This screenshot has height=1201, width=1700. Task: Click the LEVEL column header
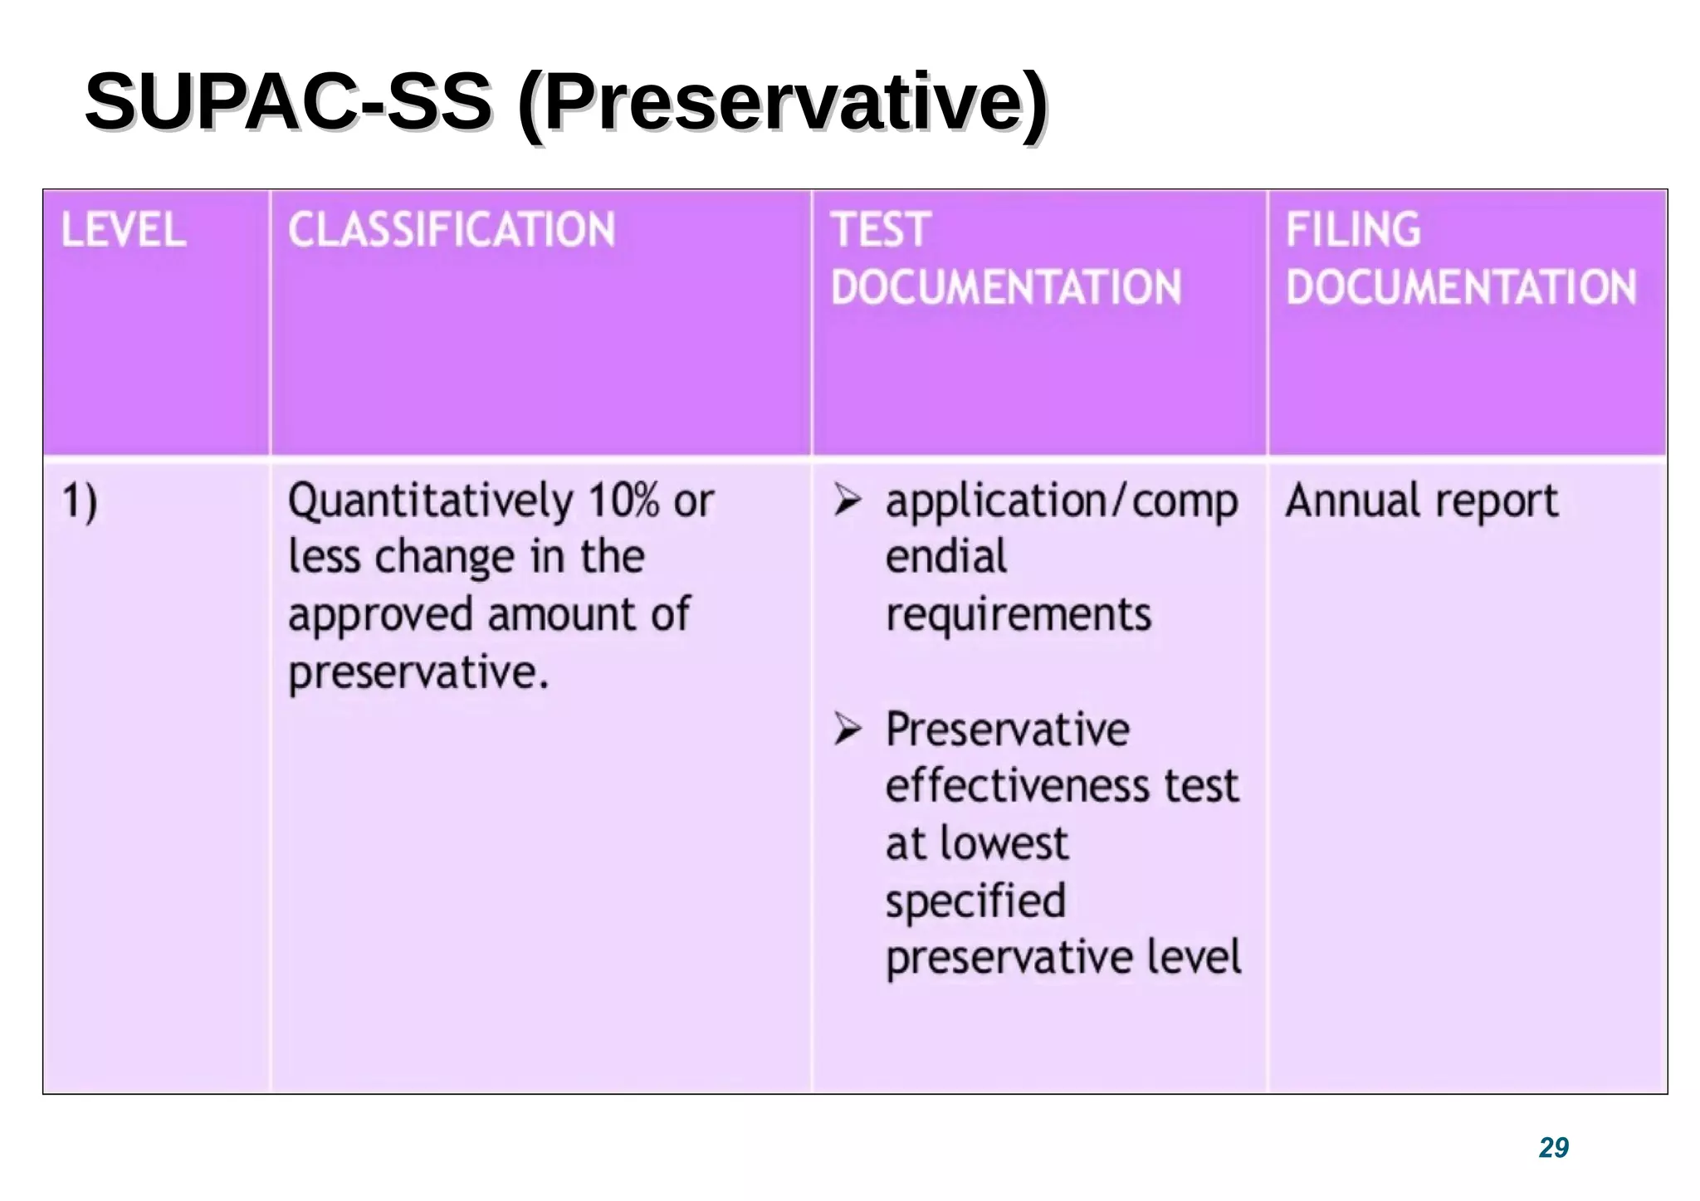124,230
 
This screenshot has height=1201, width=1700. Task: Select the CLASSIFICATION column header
452,230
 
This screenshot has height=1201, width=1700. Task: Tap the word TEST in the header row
882,230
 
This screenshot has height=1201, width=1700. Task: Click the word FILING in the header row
1353,230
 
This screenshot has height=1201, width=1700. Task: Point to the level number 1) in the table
80,501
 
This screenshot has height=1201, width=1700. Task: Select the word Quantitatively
430,502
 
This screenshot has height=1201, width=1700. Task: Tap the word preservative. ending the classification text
418,672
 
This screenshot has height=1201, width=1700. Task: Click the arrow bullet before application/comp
848,500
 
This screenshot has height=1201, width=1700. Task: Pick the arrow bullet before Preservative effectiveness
848,729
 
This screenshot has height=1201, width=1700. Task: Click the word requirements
1019,615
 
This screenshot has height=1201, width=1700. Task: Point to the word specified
975,902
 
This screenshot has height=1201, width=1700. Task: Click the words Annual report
1422,501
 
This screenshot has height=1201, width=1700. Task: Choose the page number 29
1553,1147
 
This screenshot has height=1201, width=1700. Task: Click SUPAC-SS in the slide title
288,102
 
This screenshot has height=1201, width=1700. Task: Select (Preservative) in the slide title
782,104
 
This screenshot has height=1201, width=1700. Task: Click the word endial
945,556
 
